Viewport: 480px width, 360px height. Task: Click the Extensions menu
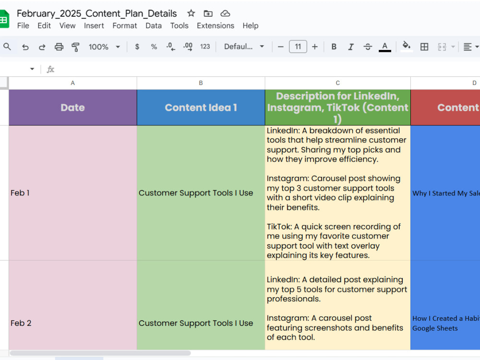tap(215, 26)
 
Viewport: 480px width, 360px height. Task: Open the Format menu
tap(125, 26)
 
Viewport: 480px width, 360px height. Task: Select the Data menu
tap(154, 26)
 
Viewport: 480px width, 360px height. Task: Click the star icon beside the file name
tap(191, 13)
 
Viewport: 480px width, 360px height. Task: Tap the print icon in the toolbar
tap(59, 47)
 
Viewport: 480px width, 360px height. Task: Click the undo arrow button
tap(25, 47)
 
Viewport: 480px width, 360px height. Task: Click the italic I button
tap(351, 47)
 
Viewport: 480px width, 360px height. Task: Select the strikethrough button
tap(368, 47)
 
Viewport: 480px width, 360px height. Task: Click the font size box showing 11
tap(298, 47)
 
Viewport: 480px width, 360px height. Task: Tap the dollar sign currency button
tap(137, 47)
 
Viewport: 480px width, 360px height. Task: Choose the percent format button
tap(154, 47)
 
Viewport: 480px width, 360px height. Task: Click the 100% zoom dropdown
tap(104, 47)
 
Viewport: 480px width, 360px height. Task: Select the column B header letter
tap(201, 83)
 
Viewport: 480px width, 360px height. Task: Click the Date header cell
tap(73, 108)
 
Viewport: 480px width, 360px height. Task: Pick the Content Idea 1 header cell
tap(201, 108)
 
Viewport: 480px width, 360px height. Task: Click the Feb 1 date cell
tap(73, 193)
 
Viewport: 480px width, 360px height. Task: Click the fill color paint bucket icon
tap(406, 47)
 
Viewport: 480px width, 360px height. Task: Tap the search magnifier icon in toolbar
tap(7, 47)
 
